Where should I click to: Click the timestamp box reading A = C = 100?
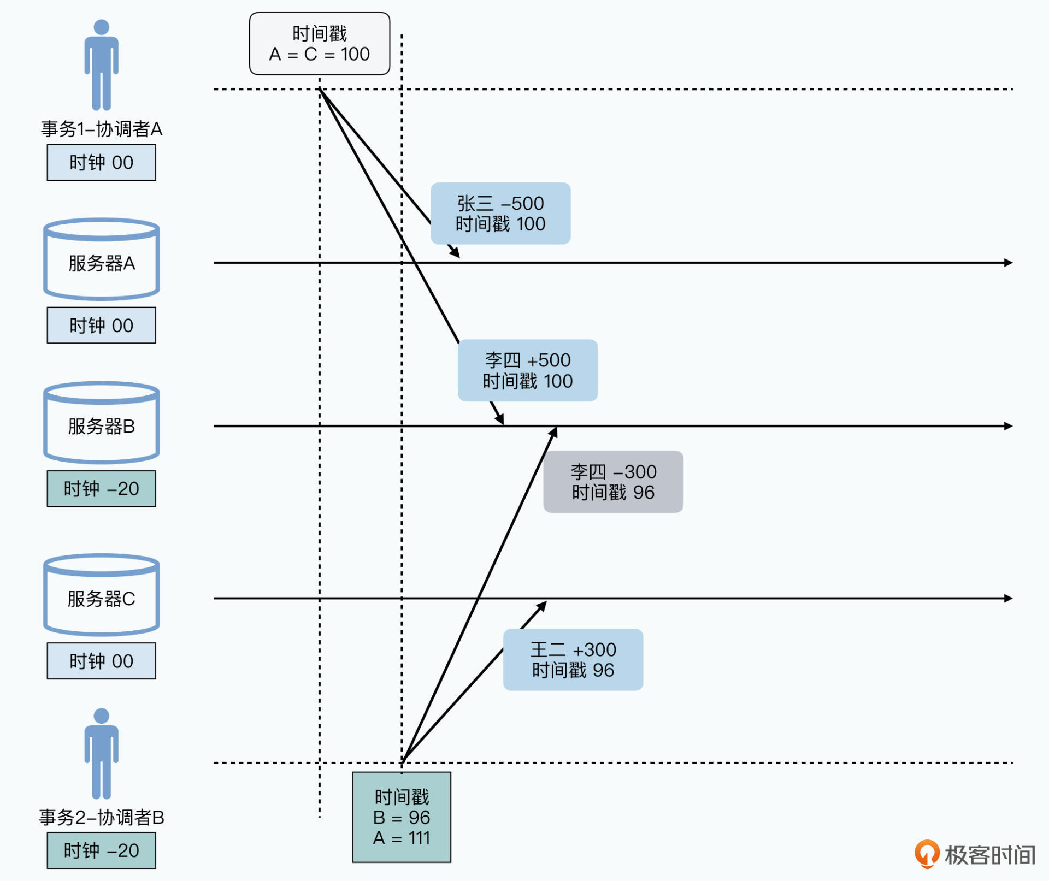click(x=320, y=44)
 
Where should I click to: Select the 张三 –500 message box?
click(x=500, y=214)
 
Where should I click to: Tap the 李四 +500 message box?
click(x=528, y=370)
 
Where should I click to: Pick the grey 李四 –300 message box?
click(x=613, y=482)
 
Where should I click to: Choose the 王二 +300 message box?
click(x=573, y=660)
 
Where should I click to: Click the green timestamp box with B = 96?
click(x=402, y=817)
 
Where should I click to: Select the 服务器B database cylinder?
click(x=102, y=423)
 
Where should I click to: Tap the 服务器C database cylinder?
click(x=102, y=595)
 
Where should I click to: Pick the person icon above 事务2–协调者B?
click(x=102, y=753)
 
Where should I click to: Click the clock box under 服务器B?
click(x=102, y=488)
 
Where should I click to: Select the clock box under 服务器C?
click(x=102, y=661)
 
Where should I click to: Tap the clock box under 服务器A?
click(x=102, y=326)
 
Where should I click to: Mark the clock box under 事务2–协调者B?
click(x=102, y=850)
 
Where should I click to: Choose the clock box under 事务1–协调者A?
click(x=102, y=163)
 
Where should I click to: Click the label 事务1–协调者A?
click(x=102, y=129)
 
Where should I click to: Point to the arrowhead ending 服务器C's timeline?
click(x=1009, y=599)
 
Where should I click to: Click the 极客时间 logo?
click(x=976, y=854)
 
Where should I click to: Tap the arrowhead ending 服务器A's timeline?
click(x=1009, y=263)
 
